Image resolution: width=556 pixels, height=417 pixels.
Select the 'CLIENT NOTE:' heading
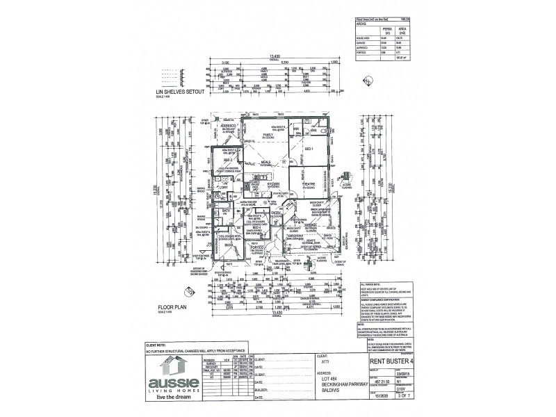[156, 344]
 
